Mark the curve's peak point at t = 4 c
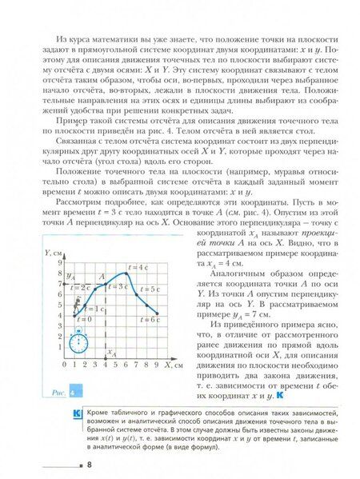[x=127, y=273]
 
